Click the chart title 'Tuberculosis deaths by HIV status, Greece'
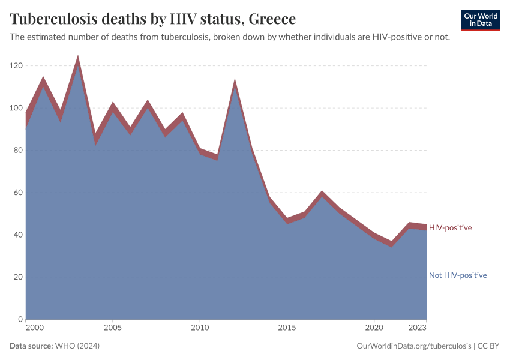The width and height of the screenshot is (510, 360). point(153,19)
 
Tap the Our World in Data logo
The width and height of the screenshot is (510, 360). point(480,20)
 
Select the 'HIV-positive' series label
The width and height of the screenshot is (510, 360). point(450,228)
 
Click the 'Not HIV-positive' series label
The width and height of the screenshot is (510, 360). point(457,275)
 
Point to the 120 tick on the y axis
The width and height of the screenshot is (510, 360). point(16,66)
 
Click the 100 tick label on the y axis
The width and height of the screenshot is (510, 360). point(16,108)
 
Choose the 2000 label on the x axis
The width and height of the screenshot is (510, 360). point(35,328)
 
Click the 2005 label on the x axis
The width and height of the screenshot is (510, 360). point(112,328)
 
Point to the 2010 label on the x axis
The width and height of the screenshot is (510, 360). point(200,328)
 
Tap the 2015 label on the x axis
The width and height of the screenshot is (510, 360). point(287,328)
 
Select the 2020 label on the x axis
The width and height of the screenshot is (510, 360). point(374,328)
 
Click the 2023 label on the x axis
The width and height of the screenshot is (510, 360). point(418,328)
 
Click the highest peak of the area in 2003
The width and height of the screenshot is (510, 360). point(77,58)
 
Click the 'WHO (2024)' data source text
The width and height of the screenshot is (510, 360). point(77,346)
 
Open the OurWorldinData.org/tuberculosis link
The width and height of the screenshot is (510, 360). point(413,346)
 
